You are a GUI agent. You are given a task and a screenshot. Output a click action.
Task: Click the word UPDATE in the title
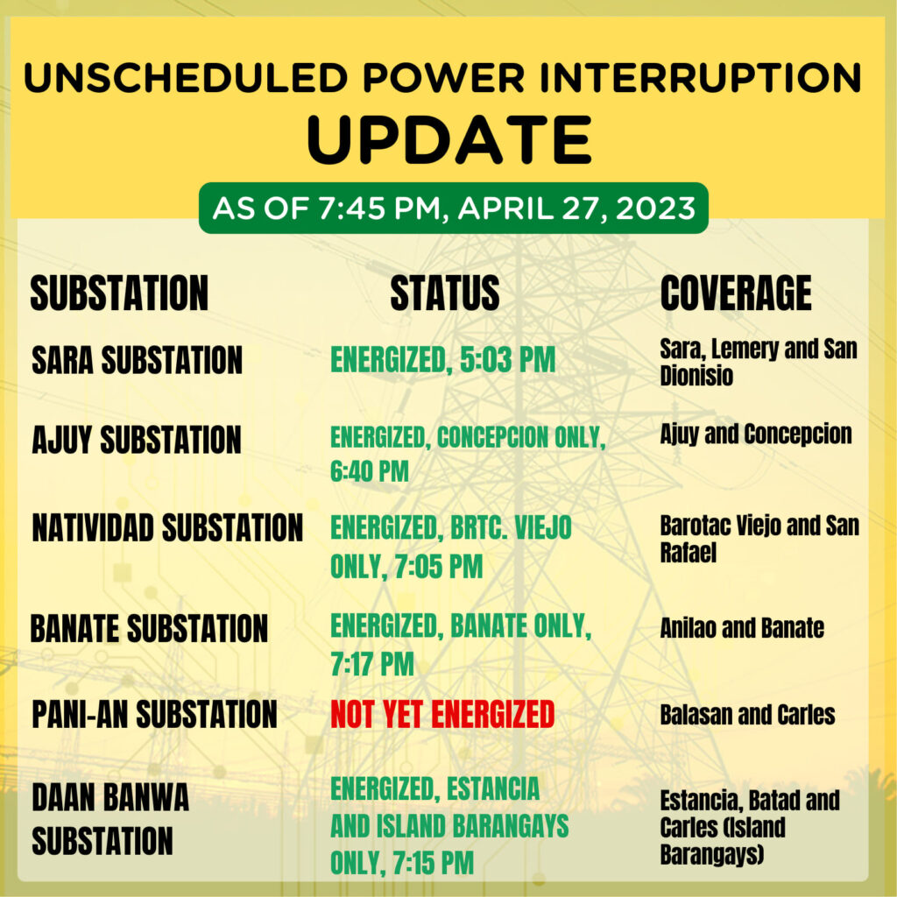[x=449, y=139]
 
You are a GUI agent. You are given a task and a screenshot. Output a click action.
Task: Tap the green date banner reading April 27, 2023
[x=454, y=208]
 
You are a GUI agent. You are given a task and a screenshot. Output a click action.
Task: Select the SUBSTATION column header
[x=119, y=293]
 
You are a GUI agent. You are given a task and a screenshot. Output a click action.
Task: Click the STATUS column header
[x=444, y=293]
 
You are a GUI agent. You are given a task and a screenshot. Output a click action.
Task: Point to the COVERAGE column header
[x=736, y=293]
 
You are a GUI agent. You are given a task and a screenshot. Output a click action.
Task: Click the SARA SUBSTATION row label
[x=138, y=360]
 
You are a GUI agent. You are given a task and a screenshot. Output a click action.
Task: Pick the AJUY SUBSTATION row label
[x=136, y=440]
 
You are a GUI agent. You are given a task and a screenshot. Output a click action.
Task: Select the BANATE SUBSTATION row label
[x=149, y=628]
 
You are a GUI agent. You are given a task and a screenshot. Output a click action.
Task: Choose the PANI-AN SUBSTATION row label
[x=154, y=714]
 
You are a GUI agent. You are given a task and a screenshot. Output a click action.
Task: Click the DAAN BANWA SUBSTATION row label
[x=109, y=819]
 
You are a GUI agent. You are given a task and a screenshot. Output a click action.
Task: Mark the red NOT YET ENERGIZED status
[x=442, y=714]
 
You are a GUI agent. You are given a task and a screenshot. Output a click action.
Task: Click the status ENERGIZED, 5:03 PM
[x=442, y=360]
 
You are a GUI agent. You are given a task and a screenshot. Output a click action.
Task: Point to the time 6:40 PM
[x=370, y=471]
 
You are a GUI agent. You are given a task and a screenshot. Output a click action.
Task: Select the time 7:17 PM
[x=371, y=664]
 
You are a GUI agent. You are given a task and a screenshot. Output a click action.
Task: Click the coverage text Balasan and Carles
[x=747, y=715]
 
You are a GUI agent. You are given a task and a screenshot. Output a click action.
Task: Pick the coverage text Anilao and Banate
[x=742, y=627]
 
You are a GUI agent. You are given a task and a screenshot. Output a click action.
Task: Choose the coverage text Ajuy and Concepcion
[x=756, y=434]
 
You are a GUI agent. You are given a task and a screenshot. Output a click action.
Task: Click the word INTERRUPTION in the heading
[x=700, y=77]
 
